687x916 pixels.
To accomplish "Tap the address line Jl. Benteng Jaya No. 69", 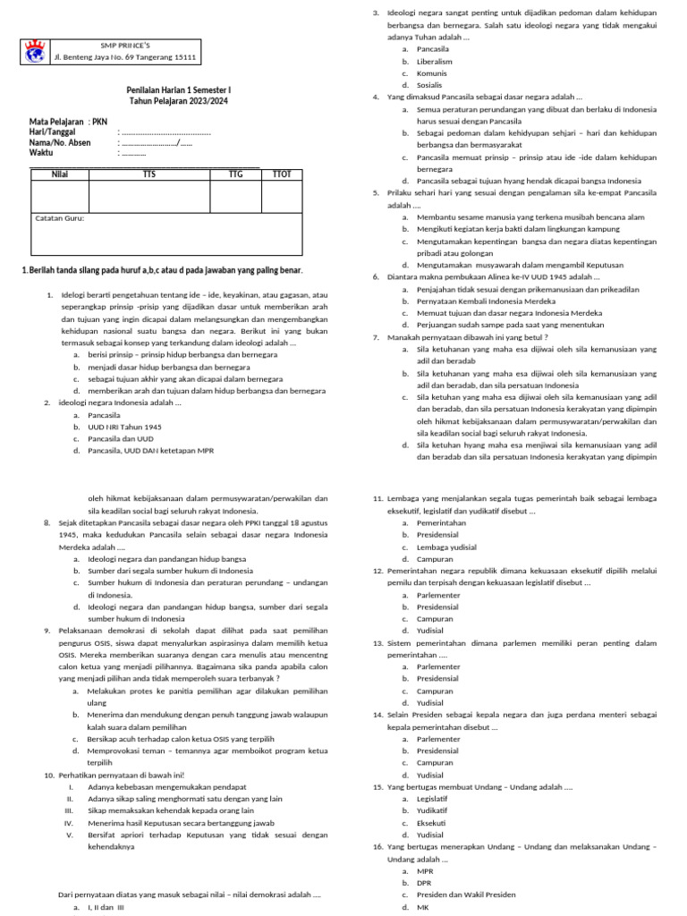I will click(125, 57).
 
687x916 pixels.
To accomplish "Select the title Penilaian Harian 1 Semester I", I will click(178, 90).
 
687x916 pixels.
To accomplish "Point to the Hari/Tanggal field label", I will click(59, 131).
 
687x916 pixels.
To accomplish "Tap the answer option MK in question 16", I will click(423, 907).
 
